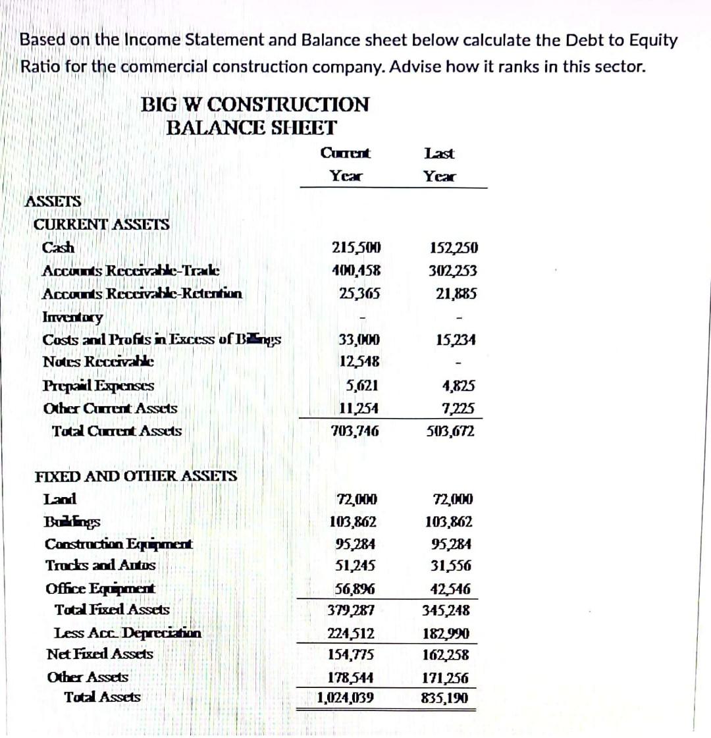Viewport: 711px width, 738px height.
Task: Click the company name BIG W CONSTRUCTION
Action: (x=255, y=104)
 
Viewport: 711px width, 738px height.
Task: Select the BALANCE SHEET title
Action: (x=251, y=127)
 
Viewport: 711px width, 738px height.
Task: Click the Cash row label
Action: (x=59, y=248)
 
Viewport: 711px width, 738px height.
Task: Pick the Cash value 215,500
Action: (x=356, y=248)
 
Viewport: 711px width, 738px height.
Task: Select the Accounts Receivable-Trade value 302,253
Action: (x=453, y=271)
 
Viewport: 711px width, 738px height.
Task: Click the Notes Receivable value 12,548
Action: (x=359, y=361)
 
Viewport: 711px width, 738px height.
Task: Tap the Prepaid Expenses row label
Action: (x=99, y=386)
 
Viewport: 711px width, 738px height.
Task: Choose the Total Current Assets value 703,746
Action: (x=355, y=431)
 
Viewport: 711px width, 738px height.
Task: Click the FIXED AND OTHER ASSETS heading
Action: (x=136, y=476)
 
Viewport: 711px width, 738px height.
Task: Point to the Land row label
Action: (x=60, y=499)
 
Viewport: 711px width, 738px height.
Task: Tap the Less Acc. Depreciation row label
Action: (x=128, y=633)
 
